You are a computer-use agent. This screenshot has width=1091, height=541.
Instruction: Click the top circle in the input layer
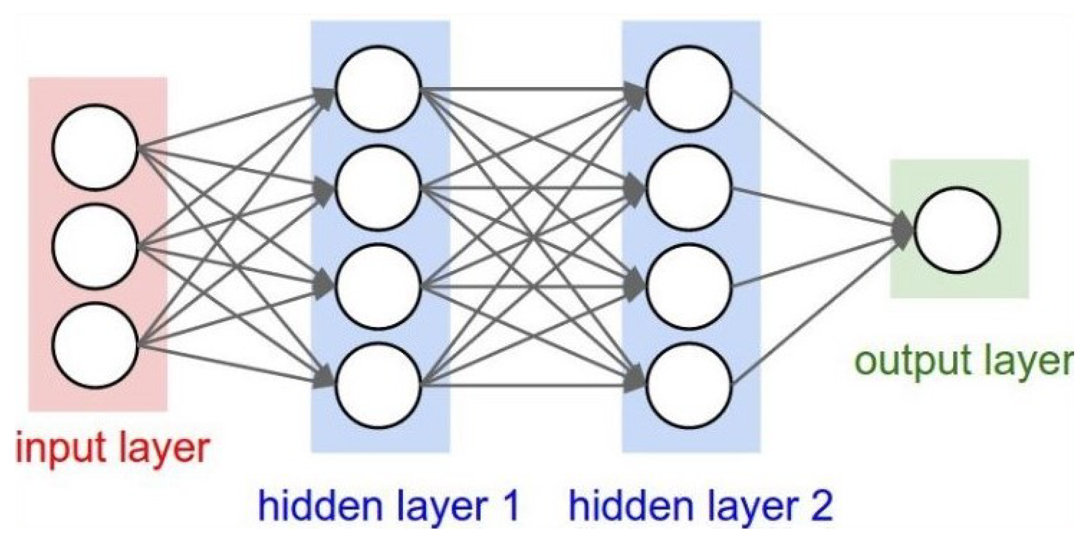(95, 147)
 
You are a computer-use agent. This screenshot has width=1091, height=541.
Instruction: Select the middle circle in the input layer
(95, 246)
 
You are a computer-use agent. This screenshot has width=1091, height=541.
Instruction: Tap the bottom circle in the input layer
(95, 346)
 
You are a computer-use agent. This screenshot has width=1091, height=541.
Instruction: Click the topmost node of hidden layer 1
(378, 89)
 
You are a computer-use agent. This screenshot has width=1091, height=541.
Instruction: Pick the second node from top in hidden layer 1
(378, 188)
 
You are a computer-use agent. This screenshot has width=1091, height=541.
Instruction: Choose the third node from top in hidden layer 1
(378, 286)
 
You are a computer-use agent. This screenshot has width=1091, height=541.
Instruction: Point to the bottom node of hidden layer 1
(378, 385)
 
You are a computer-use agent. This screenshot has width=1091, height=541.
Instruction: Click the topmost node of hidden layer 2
(689, 89)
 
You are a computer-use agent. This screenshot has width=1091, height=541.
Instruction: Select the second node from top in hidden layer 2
(689, 188)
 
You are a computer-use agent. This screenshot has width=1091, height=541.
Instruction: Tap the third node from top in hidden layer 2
(689, 286)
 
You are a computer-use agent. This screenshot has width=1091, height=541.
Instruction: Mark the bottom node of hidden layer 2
(689, 385)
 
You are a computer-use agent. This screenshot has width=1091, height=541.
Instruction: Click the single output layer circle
(957, 230)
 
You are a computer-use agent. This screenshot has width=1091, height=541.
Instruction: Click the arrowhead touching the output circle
(902, 230)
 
